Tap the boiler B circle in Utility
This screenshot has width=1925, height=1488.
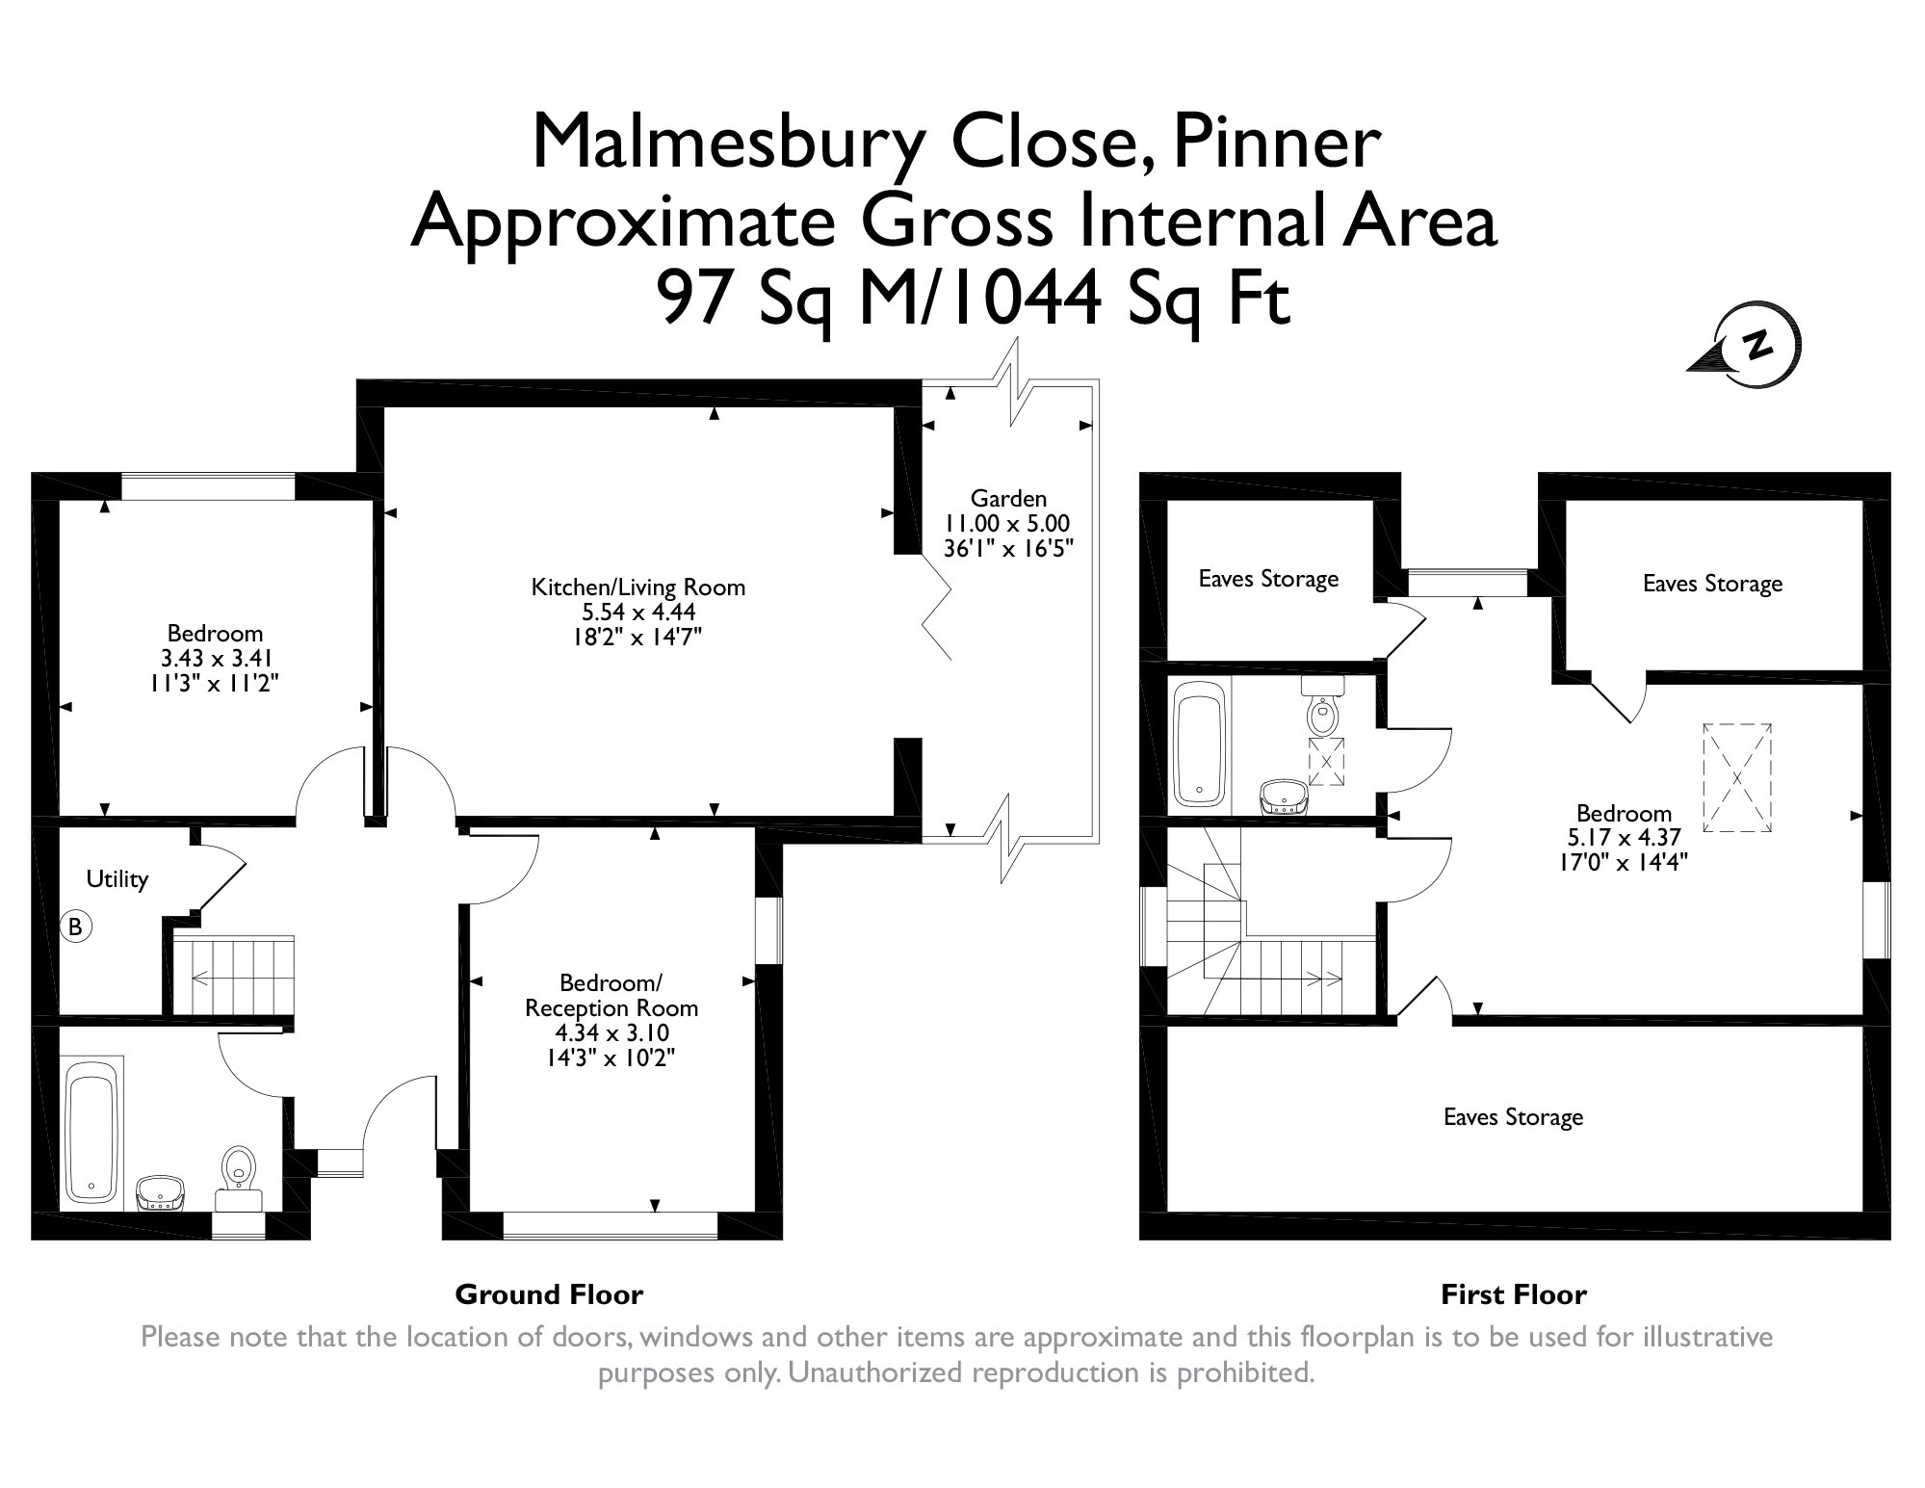point(76,927)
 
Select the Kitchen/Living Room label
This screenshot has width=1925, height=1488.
point(637,587)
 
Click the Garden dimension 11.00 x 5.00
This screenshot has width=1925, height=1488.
point(1007,524)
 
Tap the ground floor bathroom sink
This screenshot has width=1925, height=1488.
point(160,1190)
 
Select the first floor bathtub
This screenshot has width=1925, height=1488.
point(1200,742)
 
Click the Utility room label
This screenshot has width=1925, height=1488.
point(117,878)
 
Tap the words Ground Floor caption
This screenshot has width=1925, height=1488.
point(549,1294)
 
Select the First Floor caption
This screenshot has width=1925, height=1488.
point(1513,1295)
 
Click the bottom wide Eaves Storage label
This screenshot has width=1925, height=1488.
point(1513,1117)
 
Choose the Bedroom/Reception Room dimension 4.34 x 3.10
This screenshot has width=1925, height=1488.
point(611,1033)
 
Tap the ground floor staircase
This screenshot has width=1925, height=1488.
point(234,975)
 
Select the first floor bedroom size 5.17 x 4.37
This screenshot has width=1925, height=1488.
point(1624,838)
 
